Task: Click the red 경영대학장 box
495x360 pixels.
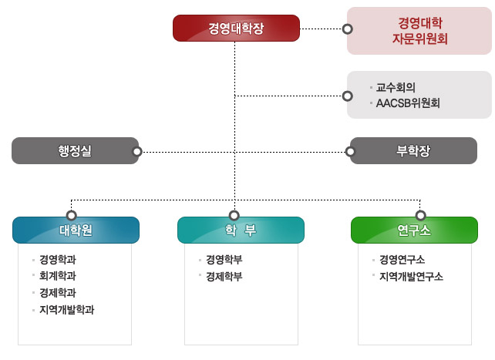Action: coord(236,29)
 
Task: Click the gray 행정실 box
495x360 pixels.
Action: coord(74,151)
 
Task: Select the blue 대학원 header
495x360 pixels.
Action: coord(76,230)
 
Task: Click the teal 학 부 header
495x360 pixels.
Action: coord(241,230)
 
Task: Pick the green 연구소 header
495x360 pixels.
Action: coord(413,230)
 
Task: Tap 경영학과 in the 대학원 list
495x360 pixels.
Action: coord(58,260)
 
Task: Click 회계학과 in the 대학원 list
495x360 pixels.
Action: coord(58,276)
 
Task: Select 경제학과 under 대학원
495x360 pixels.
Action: coord(58,293)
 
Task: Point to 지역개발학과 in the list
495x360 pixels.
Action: coord(66,310)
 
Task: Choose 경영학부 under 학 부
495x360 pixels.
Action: coord(224,260)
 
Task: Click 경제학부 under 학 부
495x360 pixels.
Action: coord(224,277)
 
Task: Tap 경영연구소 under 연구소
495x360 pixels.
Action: coord(402,260)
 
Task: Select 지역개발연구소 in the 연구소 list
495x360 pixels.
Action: coord(411,277)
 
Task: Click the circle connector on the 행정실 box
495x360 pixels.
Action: coord(136,152)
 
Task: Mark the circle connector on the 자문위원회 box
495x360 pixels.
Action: coord(348,29)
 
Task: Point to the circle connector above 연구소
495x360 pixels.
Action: coord(421,214)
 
